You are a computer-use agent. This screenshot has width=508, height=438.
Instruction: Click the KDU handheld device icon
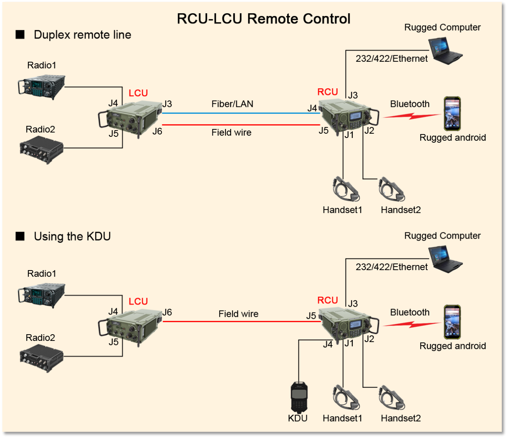[299, 397]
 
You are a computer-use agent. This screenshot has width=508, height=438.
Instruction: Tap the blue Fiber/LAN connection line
[241, 113]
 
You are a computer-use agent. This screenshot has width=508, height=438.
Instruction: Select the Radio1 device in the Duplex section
[41, 87]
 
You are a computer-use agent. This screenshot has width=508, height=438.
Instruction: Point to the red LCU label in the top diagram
[138, 93]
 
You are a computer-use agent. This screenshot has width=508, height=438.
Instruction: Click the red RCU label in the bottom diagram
[328, 300]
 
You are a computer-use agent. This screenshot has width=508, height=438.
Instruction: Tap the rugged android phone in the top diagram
[452, 113]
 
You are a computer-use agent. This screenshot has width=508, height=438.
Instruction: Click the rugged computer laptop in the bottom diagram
[446, 260]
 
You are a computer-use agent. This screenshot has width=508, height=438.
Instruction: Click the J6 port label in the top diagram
[157, 131]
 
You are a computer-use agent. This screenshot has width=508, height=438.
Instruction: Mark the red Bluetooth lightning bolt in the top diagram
[411, 115]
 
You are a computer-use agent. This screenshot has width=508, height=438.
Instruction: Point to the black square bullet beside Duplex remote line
[20, 35]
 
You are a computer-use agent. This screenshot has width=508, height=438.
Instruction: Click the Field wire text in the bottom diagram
[238, 314]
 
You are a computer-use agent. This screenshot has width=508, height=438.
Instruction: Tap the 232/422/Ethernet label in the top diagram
[392, 59]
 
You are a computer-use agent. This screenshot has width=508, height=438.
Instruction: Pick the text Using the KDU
[72, 236]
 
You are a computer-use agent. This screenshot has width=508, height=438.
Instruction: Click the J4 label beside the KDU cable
[328, 344]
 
